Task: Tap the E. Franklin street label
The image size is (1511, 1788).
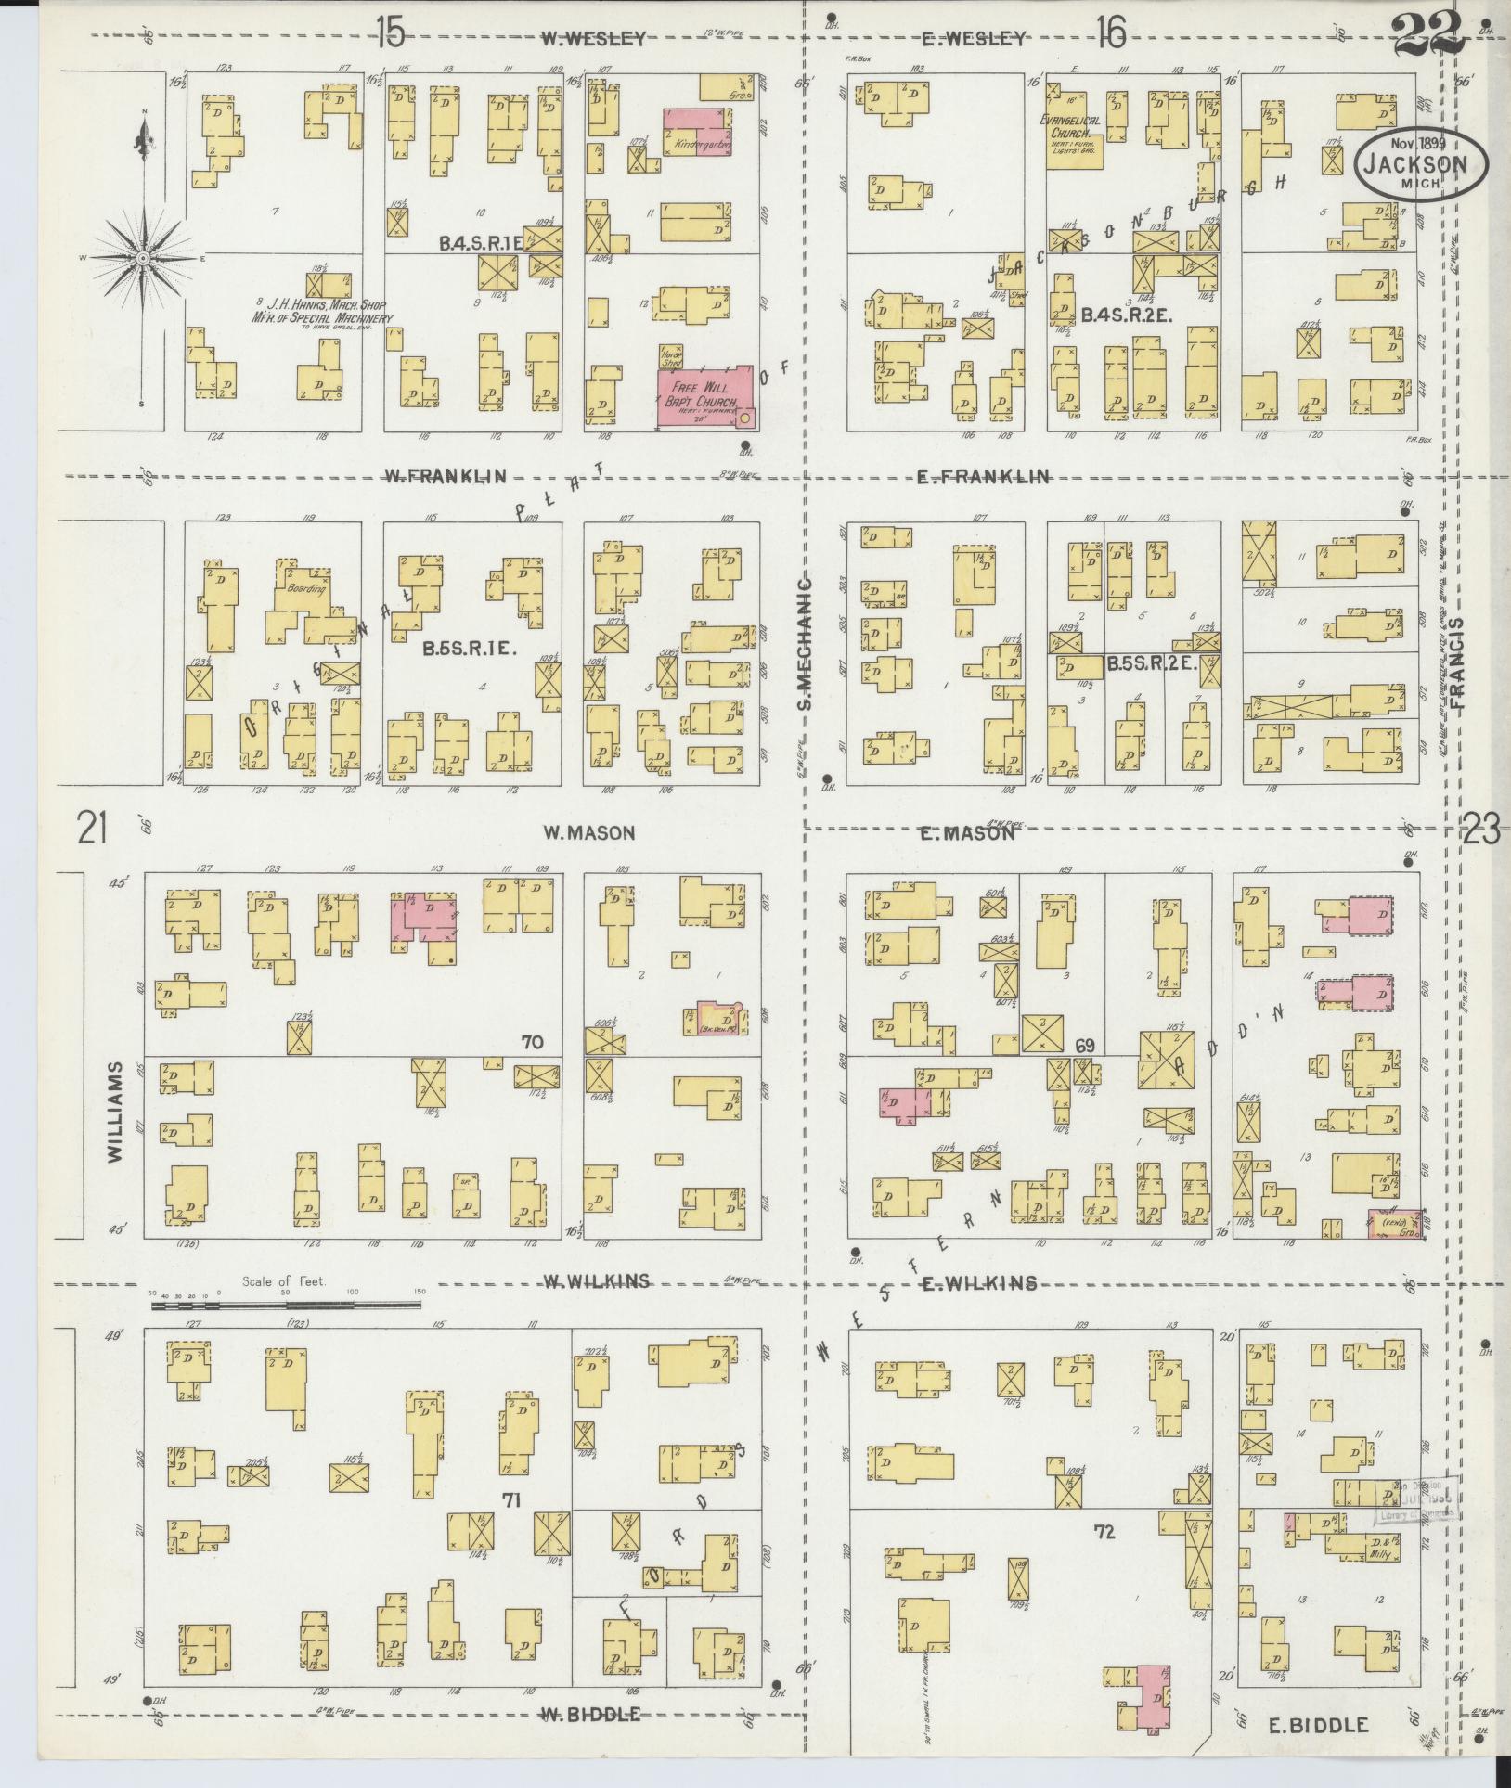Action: coord(983,476)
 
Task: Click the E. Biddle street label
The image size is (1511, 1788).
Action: coord(1318,1725)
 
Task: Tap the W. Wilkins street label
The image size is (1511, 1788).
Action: coord(595,1282)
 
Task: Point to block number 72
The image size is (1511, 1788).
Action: coord(1104,1530)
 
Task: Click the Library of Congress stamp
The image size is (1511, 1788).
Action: coord(1414,1500)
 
